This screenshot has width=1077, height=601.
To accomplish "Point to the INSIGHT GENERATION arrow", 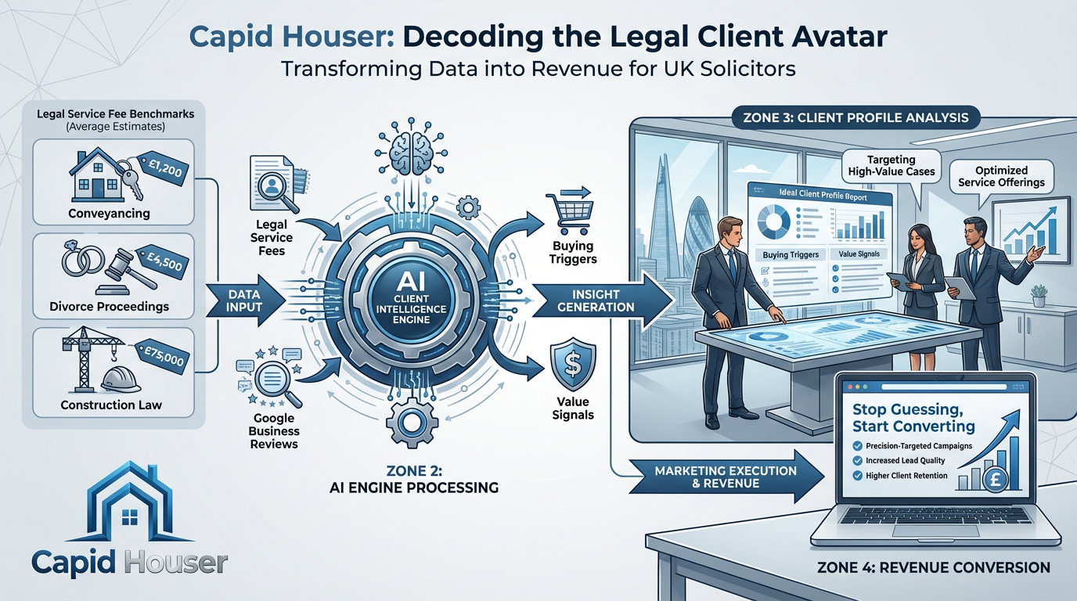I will tap(603, 301).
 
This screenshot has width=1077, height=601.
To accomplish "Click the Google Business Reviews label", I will tap(274, 431).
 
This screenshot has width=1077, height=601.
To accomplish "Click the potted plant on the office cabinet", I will tap(1039, 294).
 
